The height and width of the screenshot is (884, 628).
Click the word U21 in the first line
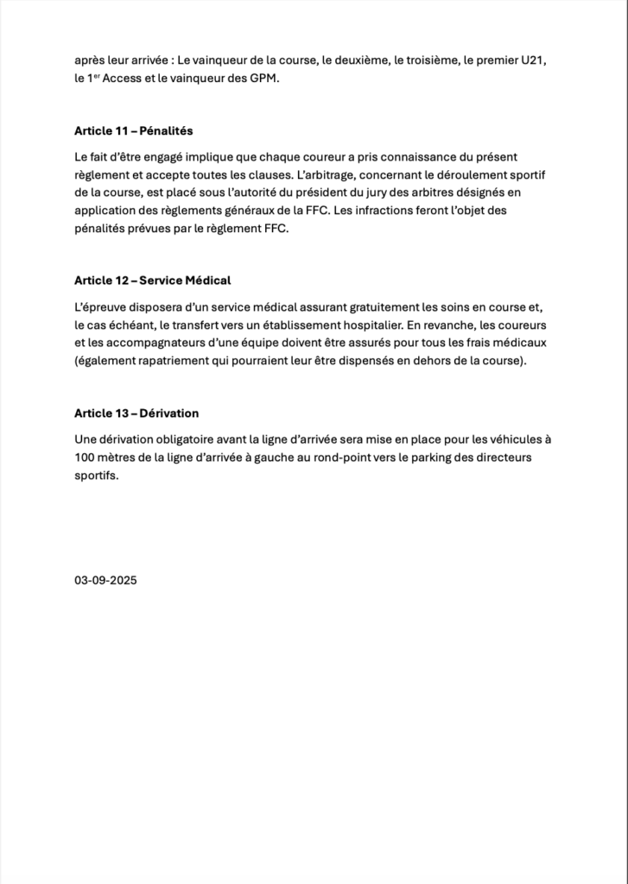pyautogui.click(x=534, y=62)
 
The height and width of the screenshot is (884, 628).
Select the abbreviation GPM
pyautogui.click(x=265, y=79)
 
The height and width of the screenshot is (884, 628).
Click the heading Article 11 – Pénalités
pyautogui.click(x=134, y=131)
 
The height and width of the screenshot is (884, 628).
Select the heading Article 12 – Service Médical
pyautogui.click(x=153, y=281)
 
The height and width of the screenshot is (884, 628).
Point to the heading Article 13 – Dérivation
pyautogui.click(x=136, y=414)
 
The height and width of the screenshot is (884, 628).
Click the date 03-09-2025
pyautogui.click(x=105, y=580)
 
